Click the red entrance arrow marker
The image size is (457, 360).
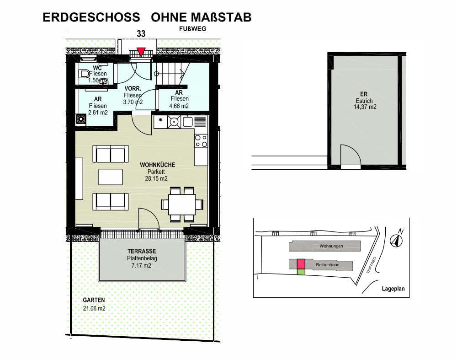[x=141, y=51]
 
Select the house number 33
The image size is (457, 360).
[x=141, y=34]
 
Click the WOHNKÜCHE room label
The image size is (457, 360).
[x=157, y=165]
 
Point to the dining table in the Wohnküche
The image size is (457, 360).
[x=182, y=204]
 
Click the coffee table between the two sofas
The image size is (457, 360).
[x=111, y=177]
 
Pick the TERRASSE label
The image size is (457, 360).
[x=142, y=251]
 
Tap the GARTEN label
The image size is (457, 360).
[x=94, y=300]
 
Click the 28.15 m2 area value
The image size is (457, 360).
[x=156, y=178]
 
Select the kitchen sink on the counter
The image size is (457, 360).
[x=187, y=122]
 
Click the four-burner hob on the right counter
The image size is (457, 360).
[x=201, y=141]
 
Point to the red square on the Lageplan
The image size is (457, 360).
[x=301, y=264]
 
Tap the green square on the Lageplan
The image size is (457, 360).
[x=301, y=272]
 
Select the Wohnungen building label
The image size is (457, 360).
[x=331, y=246]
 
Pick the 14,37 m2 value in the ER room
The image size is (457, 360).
[x=365, y=107]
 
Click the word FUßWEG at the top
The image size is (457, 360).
[x=193, y=29]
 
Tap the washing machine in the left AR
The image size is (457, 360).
[x=81, y=119]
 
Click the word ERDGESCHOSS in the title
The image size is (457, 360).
[x=91, y=17]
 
